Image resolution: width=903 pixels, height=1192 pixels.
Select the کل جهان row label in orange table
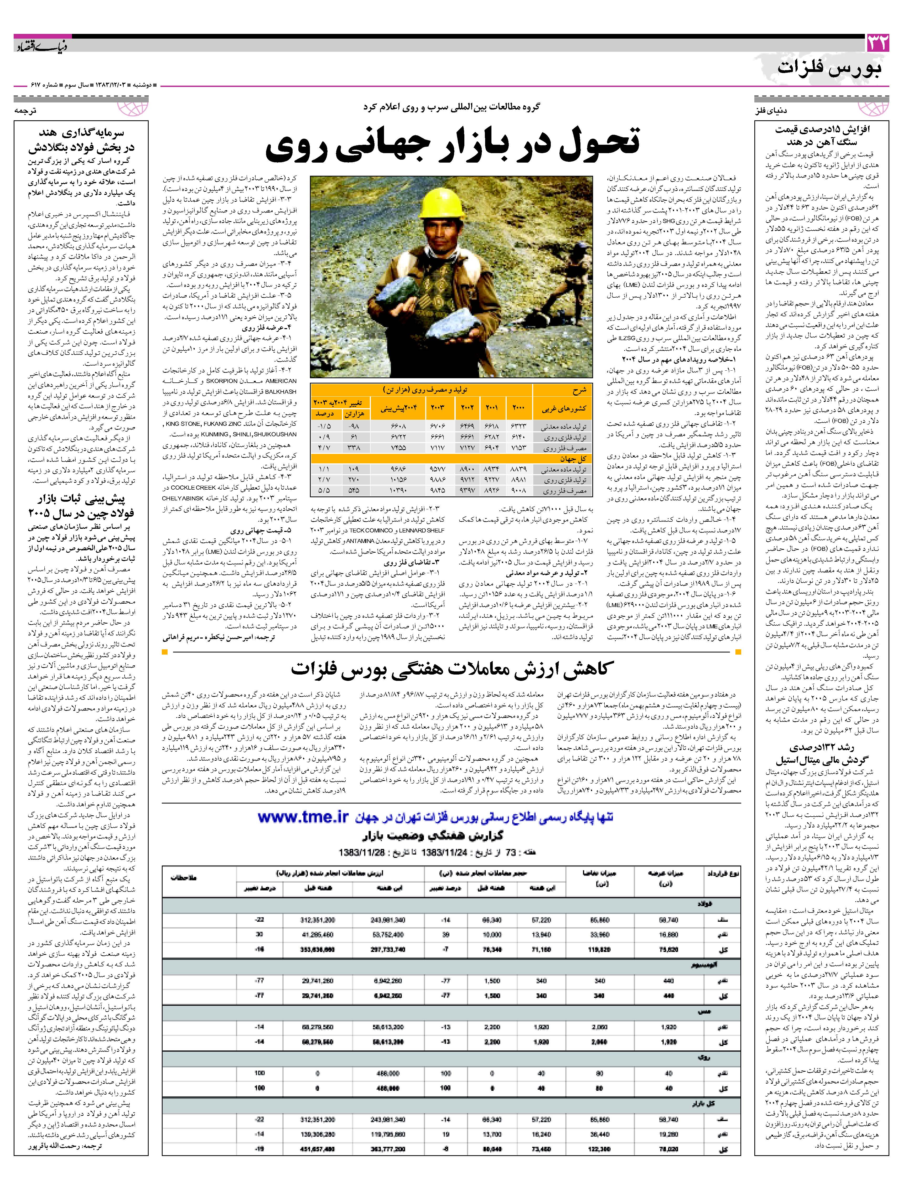pyautogui.click(x=577, y=459)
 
